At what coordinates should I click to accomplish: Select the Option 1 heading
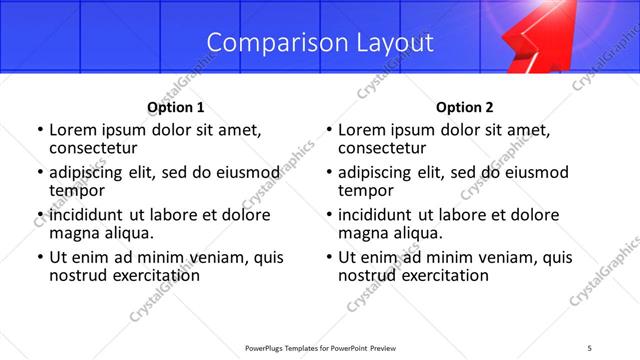point(175,107)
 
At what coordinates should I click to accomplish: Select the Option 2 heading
point(464,107)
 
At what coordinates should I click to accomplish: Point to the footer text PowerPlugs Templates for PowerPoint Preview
point(320,347)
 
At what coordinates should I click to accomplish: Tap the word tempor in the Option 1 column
point(77,190)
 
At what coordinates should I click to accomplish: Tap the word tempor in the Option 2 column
point(366,190)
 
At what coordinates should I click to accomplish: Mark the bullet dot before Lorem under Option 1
point(40,131)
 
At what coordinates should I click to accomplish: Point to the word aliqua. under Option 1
point(128,233)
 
